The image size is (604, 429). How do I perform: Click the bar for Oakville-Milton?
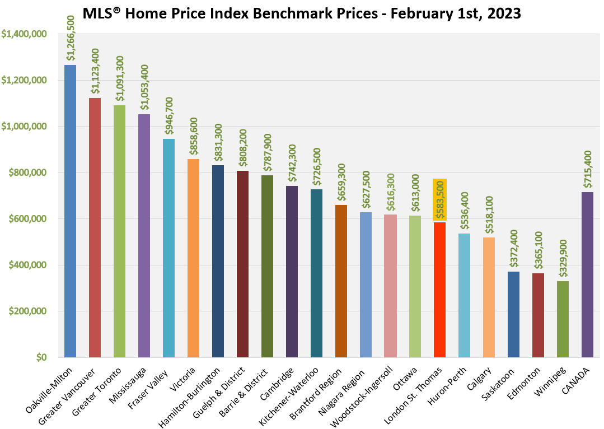point(70,211)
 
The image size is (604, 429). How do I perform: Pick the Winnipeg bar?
point(563,319)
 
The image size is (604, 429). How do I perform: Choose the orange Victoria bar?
point(193,258)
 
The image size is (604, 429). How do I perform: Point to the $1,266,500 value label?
point(71,38)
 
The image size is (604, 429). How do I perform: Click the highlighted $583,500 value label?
point(440,199)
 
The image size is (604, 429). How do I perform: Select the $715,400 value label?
point(588,169)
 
